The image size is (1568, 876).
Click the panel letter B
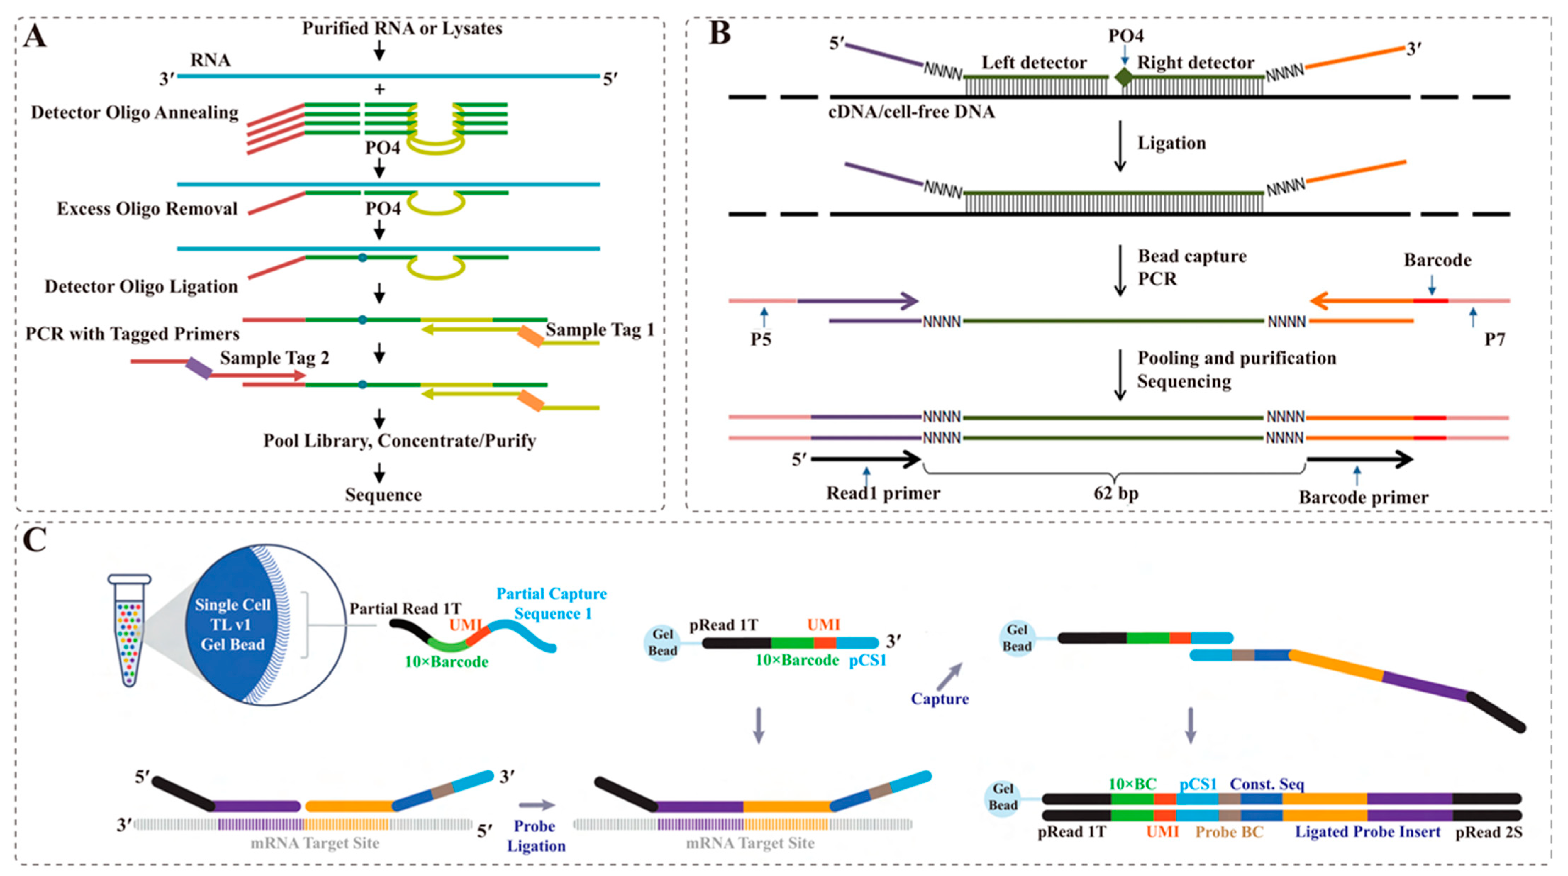point(720,33)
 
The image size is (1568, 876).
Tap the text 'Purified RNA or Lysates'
point(402,29)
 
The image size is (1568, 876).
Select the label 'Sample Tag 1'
point(599,330)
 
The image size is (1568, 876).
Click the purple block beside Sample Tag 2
point(199,368)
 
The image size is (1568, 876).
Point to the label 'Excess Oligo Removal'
point(147,209)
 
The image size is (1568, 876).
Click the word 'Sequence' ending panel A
point(383,495)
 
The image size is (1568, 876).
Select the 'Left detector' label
point(1034,63)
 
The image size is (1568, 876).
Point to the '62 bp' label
point(1116,493)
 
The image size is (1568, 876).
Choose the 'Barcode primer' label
point(1363,497)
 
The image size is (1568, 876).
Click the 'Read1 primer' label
point(883,493)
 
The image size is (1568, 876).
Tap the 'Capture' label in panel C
point(939,699)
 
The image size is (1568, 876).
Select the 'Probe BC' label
point(1229,832)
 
